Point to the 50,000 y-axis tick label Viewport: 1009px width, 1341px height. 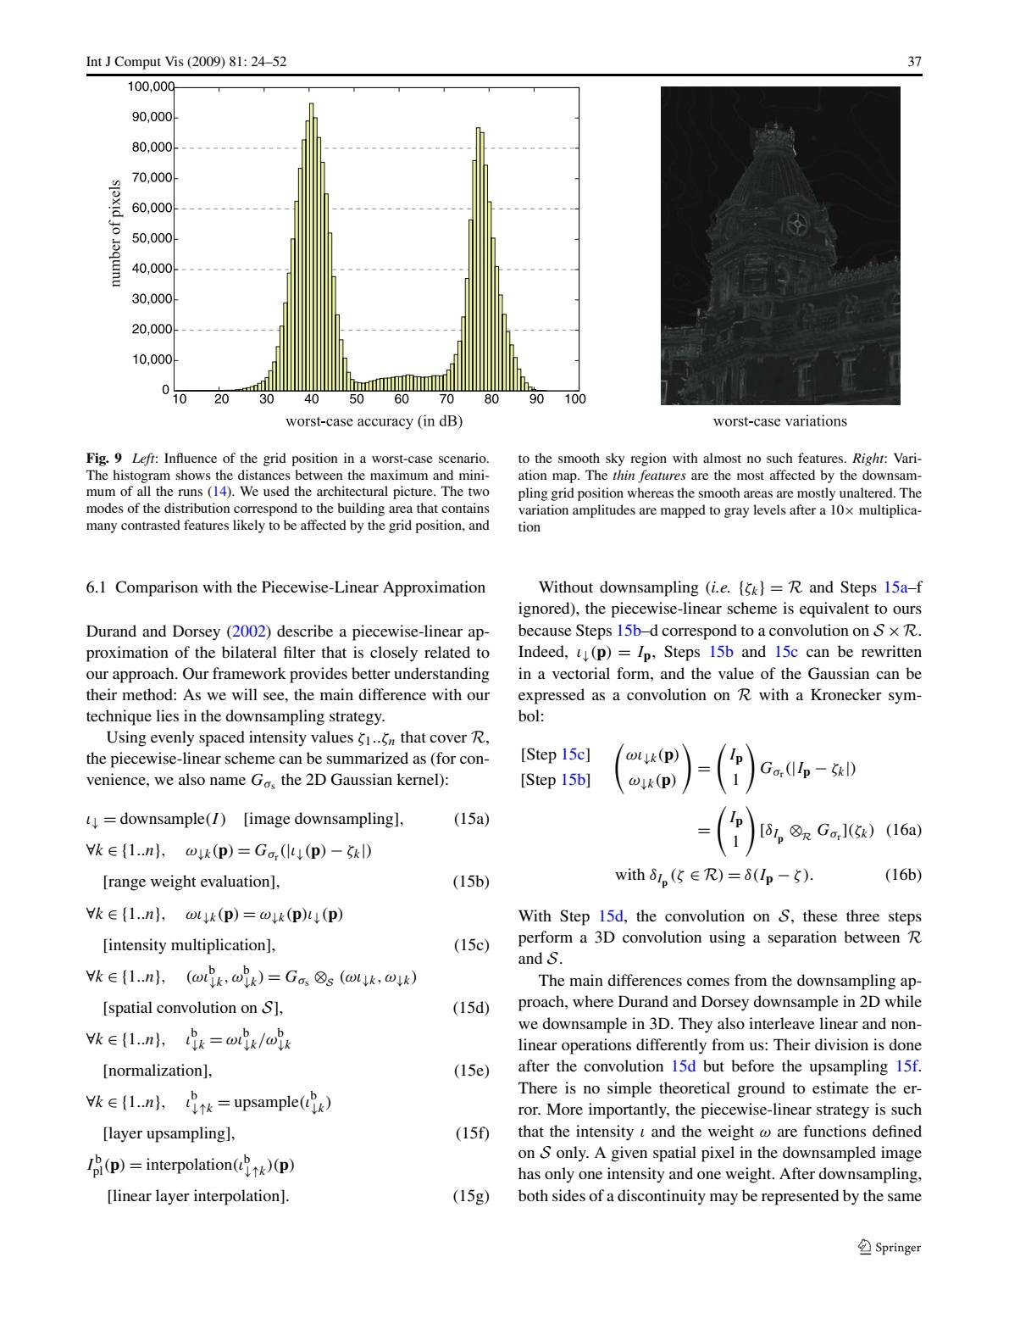point(152,238)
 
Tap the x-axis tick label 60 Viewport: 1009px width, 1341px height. point(402,399)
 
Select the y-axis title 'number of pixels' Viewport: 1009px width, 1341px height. point(115,233)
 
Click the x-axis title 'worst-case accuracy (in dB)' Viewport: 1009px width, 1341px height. point(374,421)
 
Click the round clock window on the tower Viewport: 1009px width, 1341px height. point(797,225)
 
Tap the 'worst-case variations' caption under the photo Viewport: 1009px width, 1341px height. point(779,421)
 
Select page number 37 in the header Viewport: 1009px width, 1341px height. point(914,62)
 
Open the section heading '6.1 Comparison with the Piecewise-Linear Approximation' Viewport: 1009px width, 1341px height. point(286,587)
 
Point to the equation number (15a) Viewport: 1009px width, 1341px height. point(472,819)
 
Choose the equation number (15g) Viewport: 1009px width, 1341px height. point(472,1196)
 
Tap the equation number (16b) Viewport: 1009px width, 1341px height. point(903,875)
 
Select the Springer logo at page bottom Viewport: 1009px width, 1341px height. point(889,1247)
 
